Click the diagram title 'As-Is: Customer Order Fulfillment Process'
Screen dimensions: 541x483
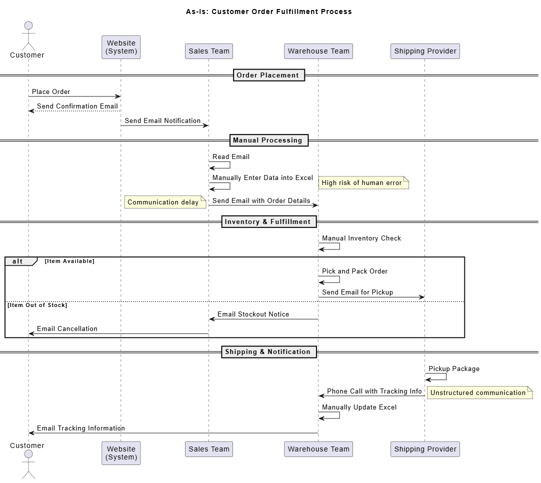(x=269, y=11)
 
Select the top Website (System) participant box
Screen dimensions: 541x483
(x=121, y=47)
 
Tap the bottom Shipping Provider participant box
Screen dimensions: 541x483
(x=425, y=449)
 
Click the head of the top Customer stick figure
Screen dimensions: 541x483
(x=28, y=25)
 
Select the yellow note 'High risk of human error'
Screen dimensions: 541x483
(x=363, y=183)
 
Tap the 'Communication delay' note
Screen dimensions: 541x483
(x=165, y=202)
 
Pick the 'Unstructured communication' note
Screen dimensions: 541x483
(x=480, y=392)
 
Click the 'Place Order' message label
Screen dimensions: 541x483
(x=51, y=92)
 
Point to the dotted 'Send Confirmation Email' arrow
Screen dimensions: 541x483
(x=74, y=111)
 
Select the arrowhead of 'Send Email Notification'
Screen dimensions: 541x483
(x=206, y=125)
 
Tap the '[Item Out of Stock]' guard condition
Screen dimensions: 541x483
(x=37, y=305)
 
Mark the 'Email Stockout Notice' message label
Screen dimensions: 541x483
(x=253, y=314)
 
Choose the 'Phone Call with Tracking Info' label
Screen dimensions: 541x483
(x=374, y=391)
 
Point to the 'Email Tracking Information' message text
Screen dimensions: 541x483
(x=81, y=428)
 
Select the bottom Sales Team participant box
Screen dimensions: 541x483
(x=209, y=449)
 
